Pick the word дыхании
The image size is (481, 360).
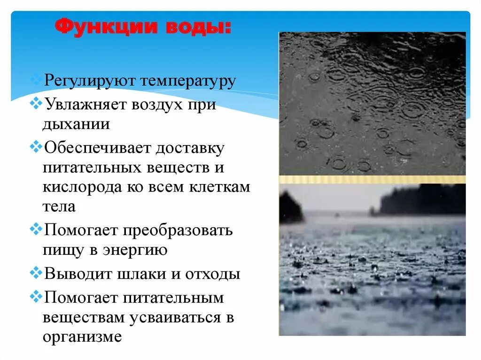click(76, 124)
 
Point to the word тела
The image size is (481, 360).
click(59, 206)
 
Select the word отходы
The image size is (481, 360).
click(211, 274)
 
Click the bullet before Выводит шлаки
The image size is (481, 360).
click(36, 273)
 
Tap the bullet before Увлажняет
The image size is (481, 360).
click(36, 103)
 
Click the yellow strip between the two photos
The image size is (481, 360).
click(372, 179)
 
